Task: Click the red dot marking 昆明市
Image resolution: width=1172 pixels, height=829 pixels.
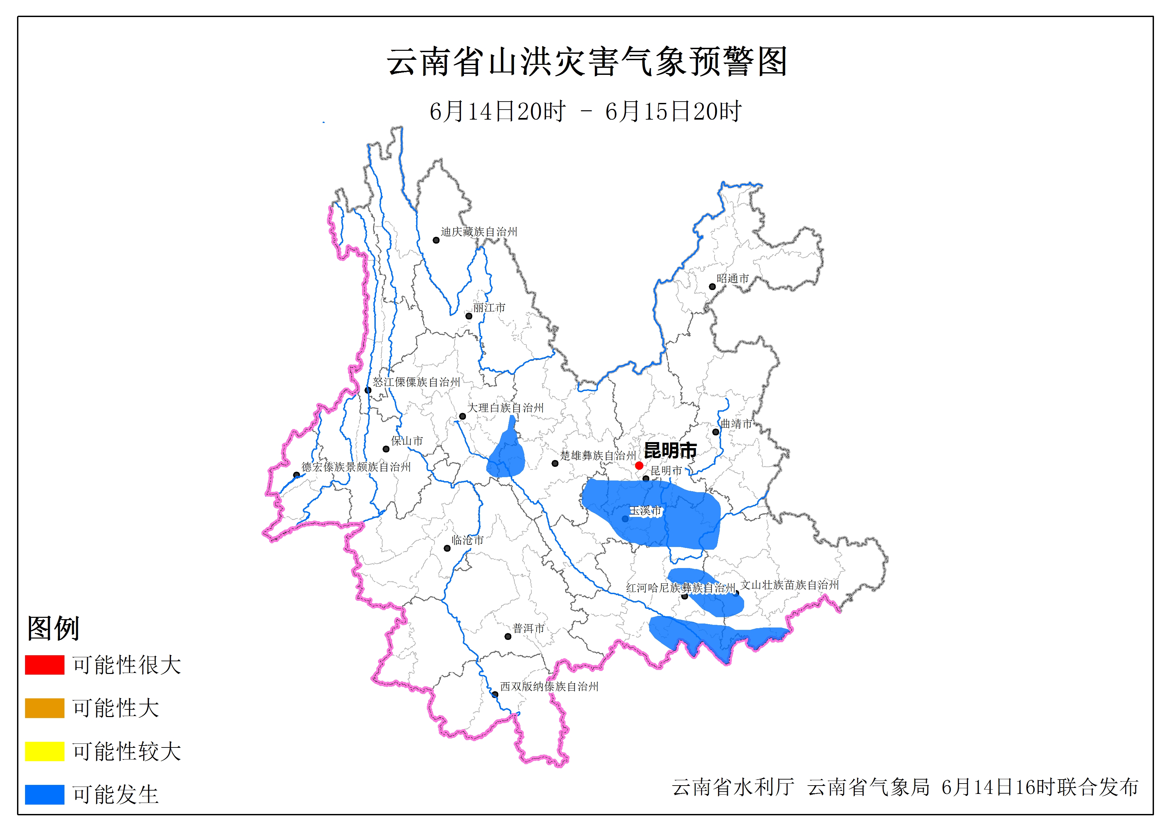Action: pyautogui.click(x=639, y=465)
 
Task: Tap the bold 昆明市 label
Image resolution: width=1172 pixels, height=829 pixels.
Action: pyautogui.click(x=670, y=450)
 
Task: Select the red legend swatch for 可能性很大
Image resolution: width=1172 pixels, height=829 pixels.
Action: pyautogui.click(x=44, y=665)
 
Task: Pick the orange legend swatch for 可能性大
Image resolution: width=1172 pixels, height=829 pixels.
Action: pyautogui.click(x=44, y=708)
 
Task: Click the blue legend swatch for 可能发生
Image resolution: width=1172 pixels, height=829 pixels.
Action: pyautogui.click(x=44, y=794)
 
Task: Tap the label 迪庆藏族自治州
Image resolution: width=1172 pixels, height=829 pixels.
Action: pyautogui.click(x=479, y=232)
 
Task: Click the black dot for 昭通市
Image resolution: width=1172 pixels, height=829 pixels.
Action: pyautogui.click(x=712, y=287)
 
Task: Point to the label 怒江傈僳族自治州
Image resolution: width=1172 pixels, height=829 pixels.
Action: pyautogui.click(x=416, y=382)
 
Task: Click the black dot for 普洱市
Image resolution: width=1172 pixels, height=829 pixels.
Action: pyautogui.click(x=508, y=637)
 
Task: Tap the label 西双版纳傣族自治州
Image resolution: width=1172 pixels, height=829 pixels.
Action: pyautogui.click(x=549, y=687)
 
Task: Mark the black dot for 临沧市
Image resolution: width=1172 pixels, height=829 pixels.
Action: pyautogui.click(x=447, y=549)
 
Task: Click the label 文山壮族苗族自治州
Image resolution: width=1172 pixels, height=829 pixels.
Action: pyautogui.click(x=790, y=585)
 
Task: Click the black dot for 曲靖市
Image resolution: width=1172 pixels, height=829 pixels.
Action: pyautogui.click(x=716, y=432)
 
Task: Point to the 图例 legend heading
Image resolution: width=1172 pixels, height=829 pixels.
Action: pyautogui.click(x=53, y=628)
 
